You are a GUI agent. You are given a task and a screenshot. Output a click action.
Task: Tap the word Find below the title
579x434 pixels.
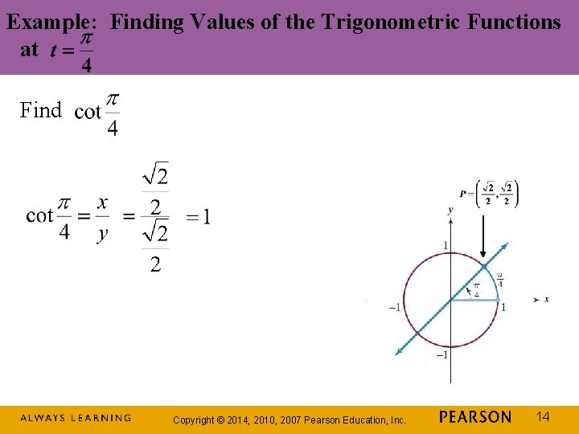click(x=41, y=111)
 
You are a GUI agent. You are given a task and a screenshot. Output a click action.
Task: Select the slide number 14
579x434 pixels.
click(x=544, y=416)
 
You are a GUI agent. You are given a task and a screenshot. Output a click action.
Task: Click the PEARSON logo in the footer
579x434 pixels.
click(x=475, y=417)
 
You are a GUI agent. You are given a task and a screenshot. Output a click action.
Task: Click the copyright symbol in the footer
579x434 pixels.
click(x=229, y=420)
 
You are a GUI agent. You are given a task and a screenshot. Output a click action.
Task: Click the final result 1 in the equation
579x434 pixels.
click(x=206, y=217)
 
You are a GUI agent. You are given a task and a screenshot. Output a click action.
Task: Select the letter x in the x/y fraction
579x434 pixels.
click(x=102, y=203)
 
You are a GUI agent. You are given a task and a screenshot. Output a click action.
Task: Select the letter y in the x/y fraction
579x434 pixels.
click(x=102, y=234)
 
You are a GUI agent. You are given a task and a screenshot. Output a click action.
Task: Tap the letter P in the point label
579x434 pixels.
click(x=463, y=194)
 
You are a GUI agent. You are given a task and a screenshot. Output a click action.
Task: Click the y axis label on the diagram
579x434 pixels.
click(x=450, y=211)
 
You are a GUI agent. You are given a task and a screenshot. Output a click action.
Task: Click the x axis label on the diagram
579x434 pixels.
click(x=547, y=300)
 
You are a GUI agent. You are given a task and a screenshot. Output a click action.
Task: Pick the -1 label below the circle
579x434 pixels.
click(x=441, y=355)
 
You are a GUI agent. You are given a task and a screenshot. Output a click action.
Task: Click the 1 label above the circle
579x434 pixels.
click(x=446, y=244)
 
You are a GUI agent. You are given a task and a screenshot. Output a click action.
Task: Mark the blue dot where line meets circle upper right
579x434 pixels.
click(x=484, y=266)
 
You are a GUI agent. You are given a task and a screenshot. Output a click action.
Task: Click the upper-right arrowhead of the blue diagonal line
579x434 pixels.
click(x=504, y=245)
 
